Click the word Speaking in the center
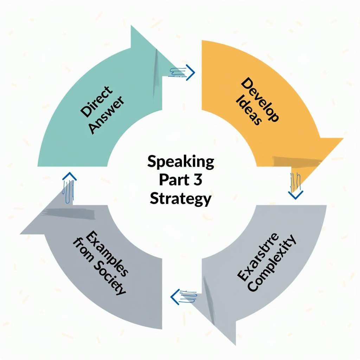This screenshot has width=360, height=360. (x=181, y=162)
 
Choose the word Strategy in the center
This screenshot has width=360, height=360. (x=181, y=199)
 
